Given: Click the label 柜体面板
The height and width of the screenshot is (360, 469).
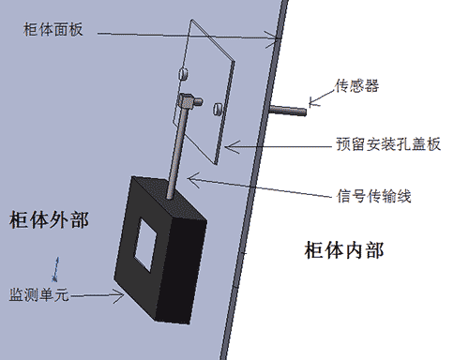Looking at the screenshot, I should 53,30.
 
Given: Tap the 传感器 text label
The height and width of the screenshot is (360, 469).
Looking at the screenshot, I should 356,86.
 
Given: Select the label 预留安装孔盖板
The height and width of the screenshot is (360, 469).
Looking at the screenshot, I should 387,145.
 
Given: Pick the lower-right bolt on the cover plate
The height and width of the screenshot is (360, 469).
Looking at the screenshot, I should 219,110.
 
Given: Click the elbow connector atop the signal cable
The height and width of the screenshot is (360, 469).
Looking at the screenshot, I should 189,100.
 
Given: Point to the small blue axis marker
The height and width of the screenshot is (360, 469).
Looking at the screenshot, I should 56,267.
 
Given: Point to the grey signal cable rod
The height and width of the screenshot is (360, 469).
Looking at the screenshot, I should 176,150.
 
